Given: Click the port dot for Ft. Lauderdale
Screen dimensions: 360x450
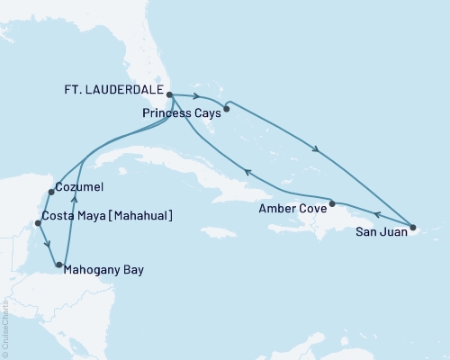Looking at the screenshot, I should point(169,92).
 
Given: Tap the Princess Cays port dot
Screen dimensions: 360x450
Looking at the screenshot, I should point(227,110).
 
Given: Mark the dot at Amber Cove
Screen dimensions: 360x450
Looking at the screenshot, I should point(333,203).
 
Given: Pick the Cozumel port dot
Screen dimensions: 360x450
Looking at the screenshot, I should point(49,192).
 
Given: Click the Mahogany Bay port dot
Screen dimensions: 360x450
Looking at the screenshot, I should point(59,265).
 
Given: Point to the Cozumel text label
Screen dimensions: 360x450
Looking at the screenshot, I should point(80,187).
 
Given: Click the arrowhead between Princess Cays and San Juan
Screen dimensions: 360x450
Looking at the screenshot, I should point(316,149).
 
